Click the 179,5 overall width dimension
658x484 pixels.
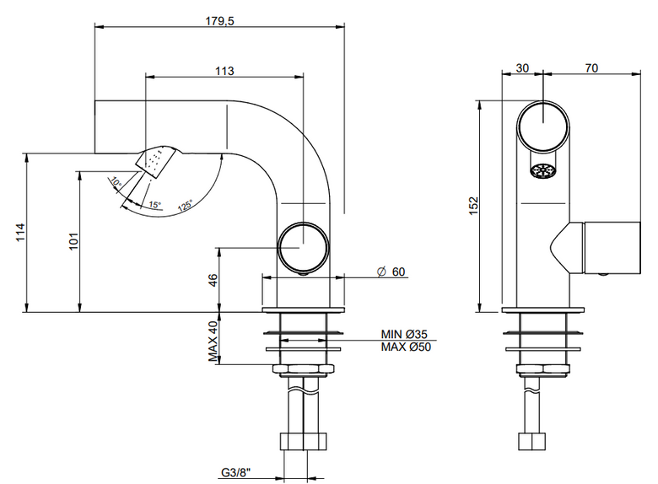click(x=220, y=20)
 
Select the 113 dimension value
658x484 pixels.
click(x=224, y=71)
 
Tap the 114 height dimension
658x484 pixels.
click(x=20, y=233)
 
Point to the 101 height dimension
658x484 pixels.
click(x=73, y=241)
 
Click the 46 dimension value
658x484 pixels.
click(x=213, y=280)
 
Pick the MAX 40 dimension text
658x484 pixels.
click(x=213, y=341)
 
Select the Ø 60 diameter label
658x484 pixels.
click(x=391, y=272)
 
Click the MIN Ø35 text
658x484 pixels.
click(x=404, y=334)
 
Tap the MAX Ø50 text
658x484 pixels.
click(x=406, y=347)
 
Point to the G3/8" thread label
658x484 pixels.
click(x=236, y=473)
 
